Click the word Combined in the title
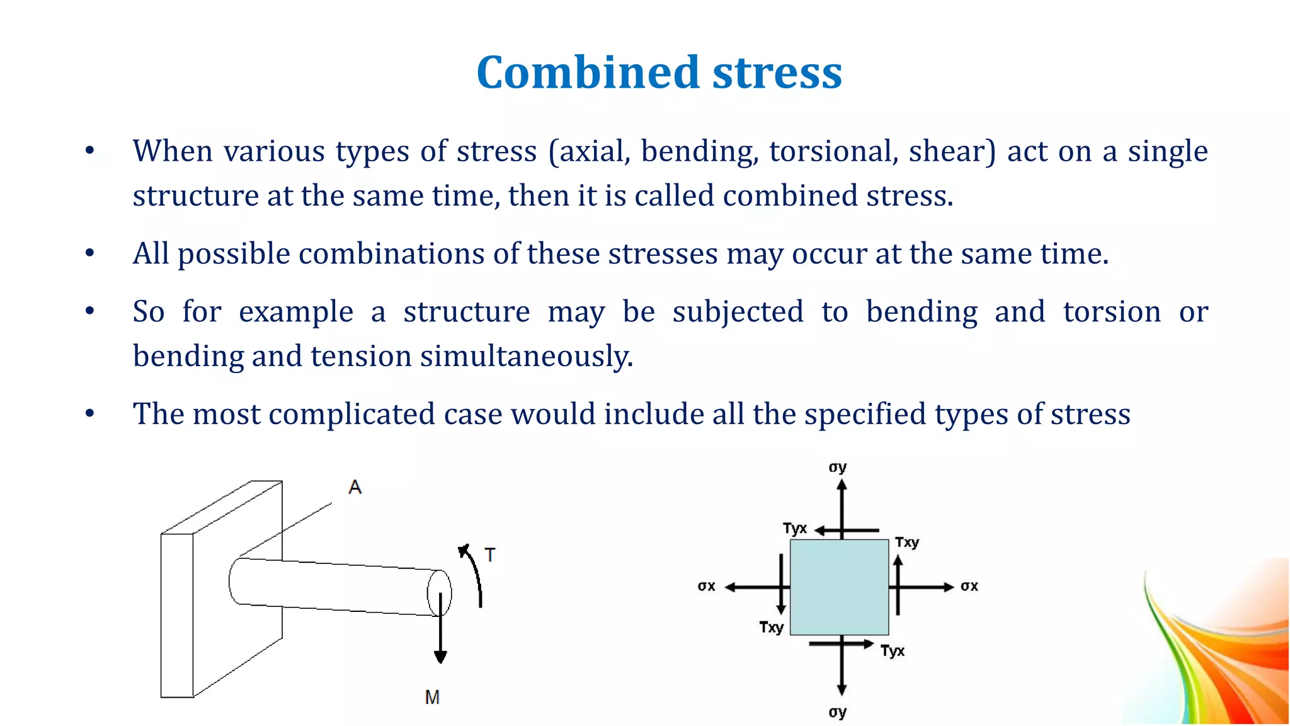click(x=588, y=72)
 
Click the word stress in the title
click(x=777, y=72)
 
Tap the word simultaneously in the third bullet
click(x=527, y=357)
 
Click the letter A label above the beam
click(x=355, y=487)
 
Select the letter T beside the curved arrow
click(x=490, y=555)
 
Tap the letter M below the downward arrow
click(x=432, y=697)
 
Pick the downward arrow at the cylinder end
click(x=440, y=630)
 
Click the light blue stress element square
click(x=839, y=587)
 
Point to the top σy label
click(x=838, y=468)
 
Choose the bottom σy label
click(x=838, y=712)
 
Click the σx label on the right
click(x=969, y=587)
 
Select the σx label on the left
click(x=707, y=587)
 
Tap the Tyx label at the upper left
click(x=795, y=528)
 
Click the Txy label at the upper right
click(x=907, y=542)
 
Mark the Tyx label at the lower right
click(x=893, y=650)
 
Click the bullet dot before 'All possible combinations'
click(x=90, y=253)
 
